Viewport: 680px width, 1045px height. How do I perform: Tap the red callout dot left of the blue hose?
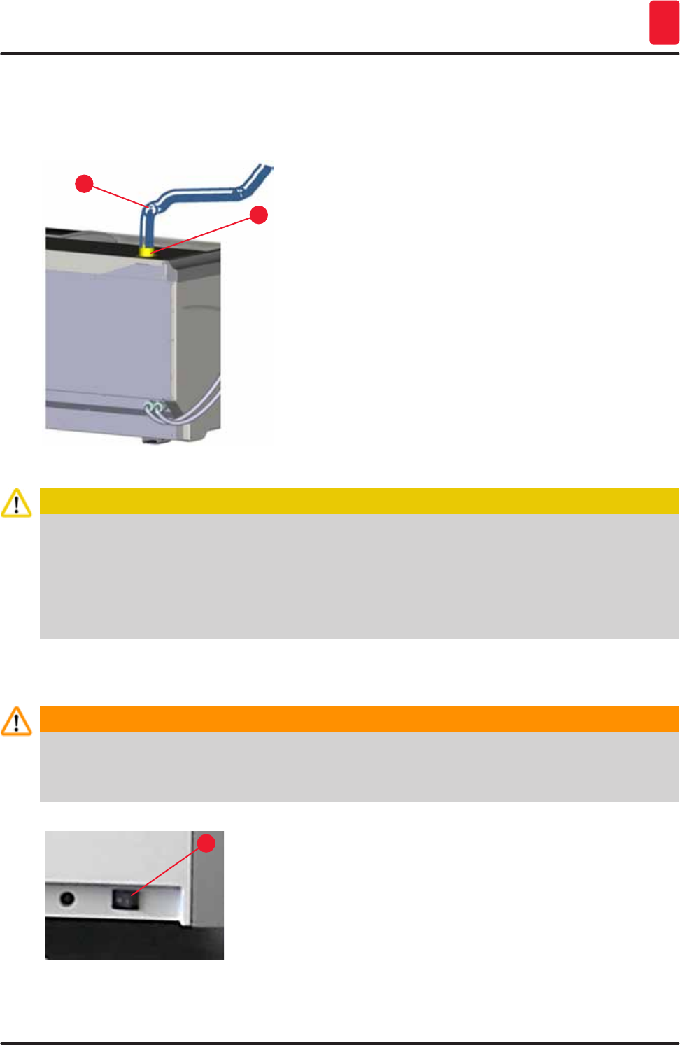[84, 184]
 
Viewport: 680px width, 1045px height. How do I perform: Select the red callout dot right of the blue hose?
[259, 215]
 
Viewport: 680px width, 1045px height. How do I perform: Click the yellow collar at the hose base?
[147, 250]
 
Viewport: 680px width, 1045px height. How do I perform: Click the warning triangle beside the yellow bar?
[16, 503]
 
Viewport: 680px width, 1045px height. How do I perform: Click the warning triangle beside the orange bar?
[16, 721]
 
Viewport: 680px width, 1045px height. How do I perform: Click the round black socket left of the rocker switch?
[67, 897]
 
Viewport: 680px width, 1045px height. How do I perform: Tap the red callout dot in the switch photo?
[206, 843]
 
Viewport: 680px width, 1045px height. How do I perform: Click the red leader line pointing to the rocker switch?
[168, 869]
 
